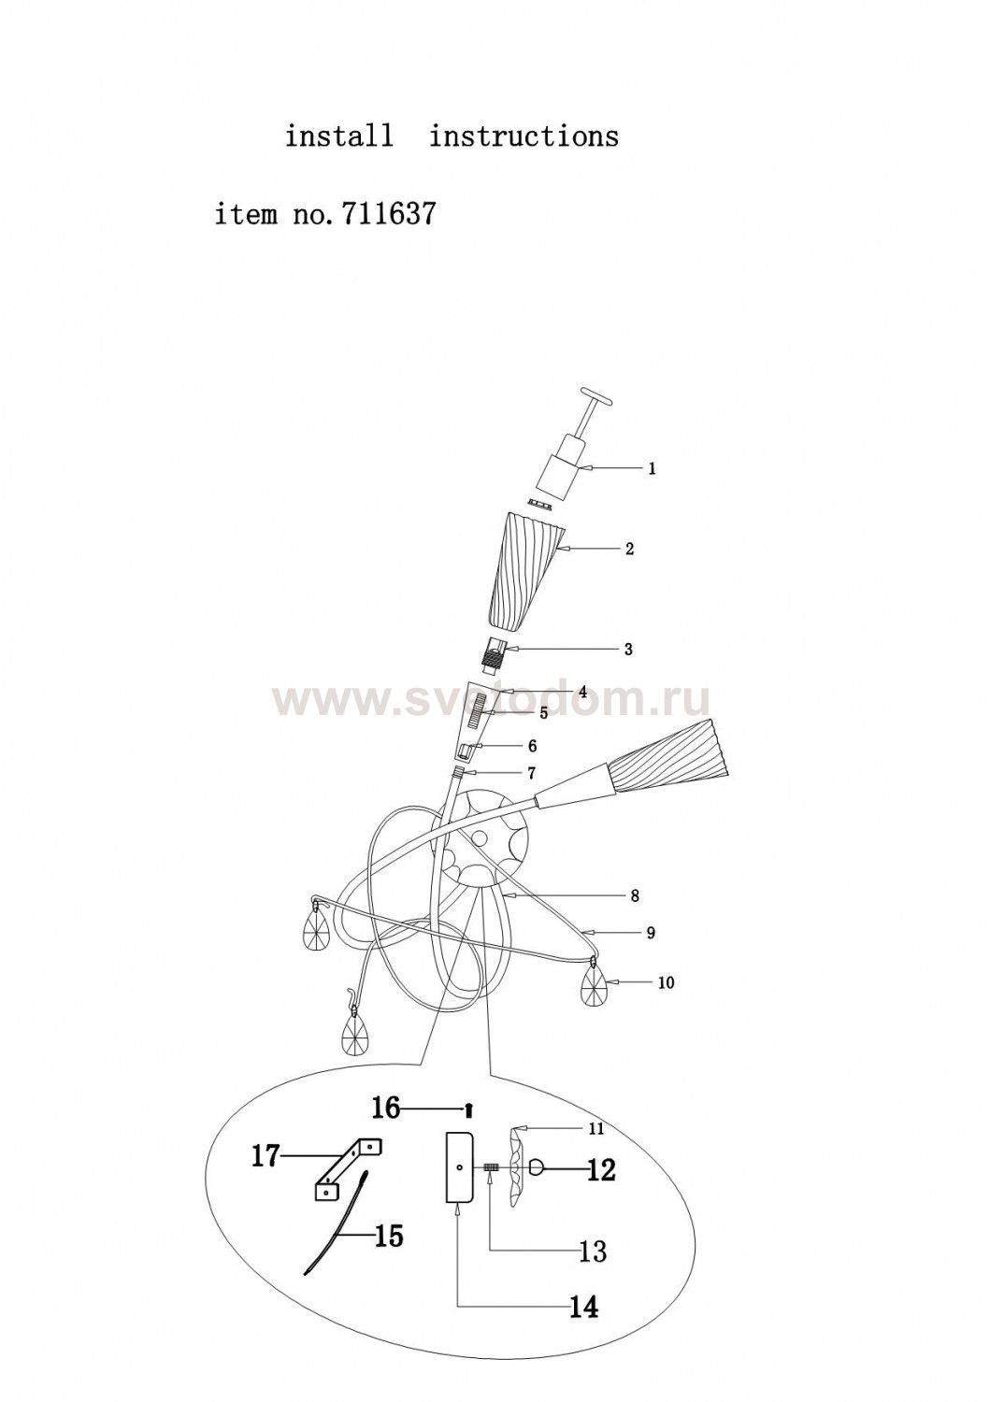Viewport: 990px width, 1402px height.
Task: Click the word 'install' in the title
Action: tap(338, 136)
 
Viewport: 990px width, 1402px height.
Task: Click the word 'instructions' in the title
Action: tap(524, 136)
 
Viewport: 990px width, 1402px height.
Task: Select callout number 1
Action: tap(652, 468)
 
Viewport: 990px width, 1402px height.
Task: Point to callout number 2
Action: tap(629, 549)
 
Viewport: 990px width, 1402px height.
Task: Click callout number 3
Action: tap(628, 649)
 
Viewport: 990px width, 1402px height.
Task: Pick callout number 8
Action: tap(635, 896)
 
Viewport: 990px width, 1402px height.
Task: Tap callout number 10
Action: tap(667, 982)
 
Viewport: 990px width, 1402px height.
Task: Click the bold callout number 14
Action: tap(583, 1302)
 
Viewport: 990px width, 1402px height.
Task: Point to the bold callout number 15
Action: tap(388, 1237)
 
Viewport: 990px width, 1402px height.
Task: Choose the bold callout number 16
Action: tap(386, 1108)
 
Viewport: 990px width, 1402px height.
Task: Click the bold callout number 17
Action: tap(265, 1157)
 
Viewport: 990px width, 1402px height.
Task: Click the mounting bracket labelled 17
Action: tap(347, 1165)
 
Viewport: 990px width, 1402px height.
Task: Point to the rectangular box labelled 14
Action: tap(460, 1167)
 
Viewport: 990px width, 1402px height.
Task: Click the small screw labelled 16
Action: tap(466, 1109)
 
